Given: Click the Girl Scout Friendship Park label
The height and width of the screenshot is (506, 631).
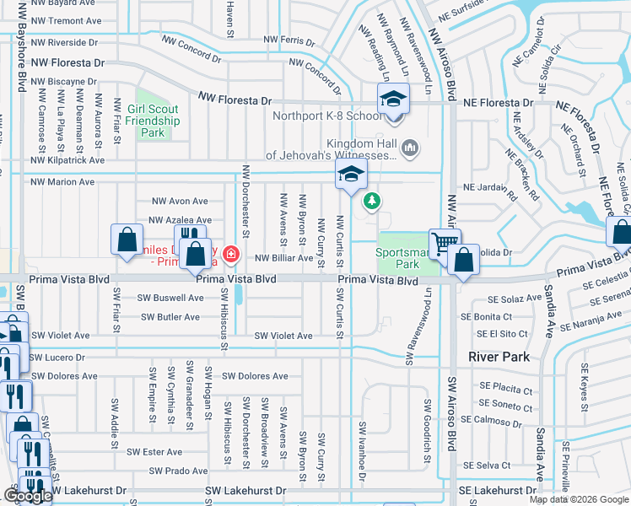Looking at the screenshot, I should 153,121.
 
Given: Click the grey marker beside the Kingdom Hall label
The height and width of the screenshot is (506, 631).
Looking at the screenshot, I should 411,148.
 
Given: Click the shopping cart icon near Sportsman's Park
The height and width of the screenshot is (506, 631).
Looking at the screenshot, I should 445,244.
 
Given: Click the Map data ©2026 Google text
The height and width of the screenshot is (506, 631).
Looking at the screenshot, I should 578,499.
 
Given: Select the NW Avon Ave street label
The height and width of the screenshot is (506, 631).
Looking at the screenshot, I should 179,201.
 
